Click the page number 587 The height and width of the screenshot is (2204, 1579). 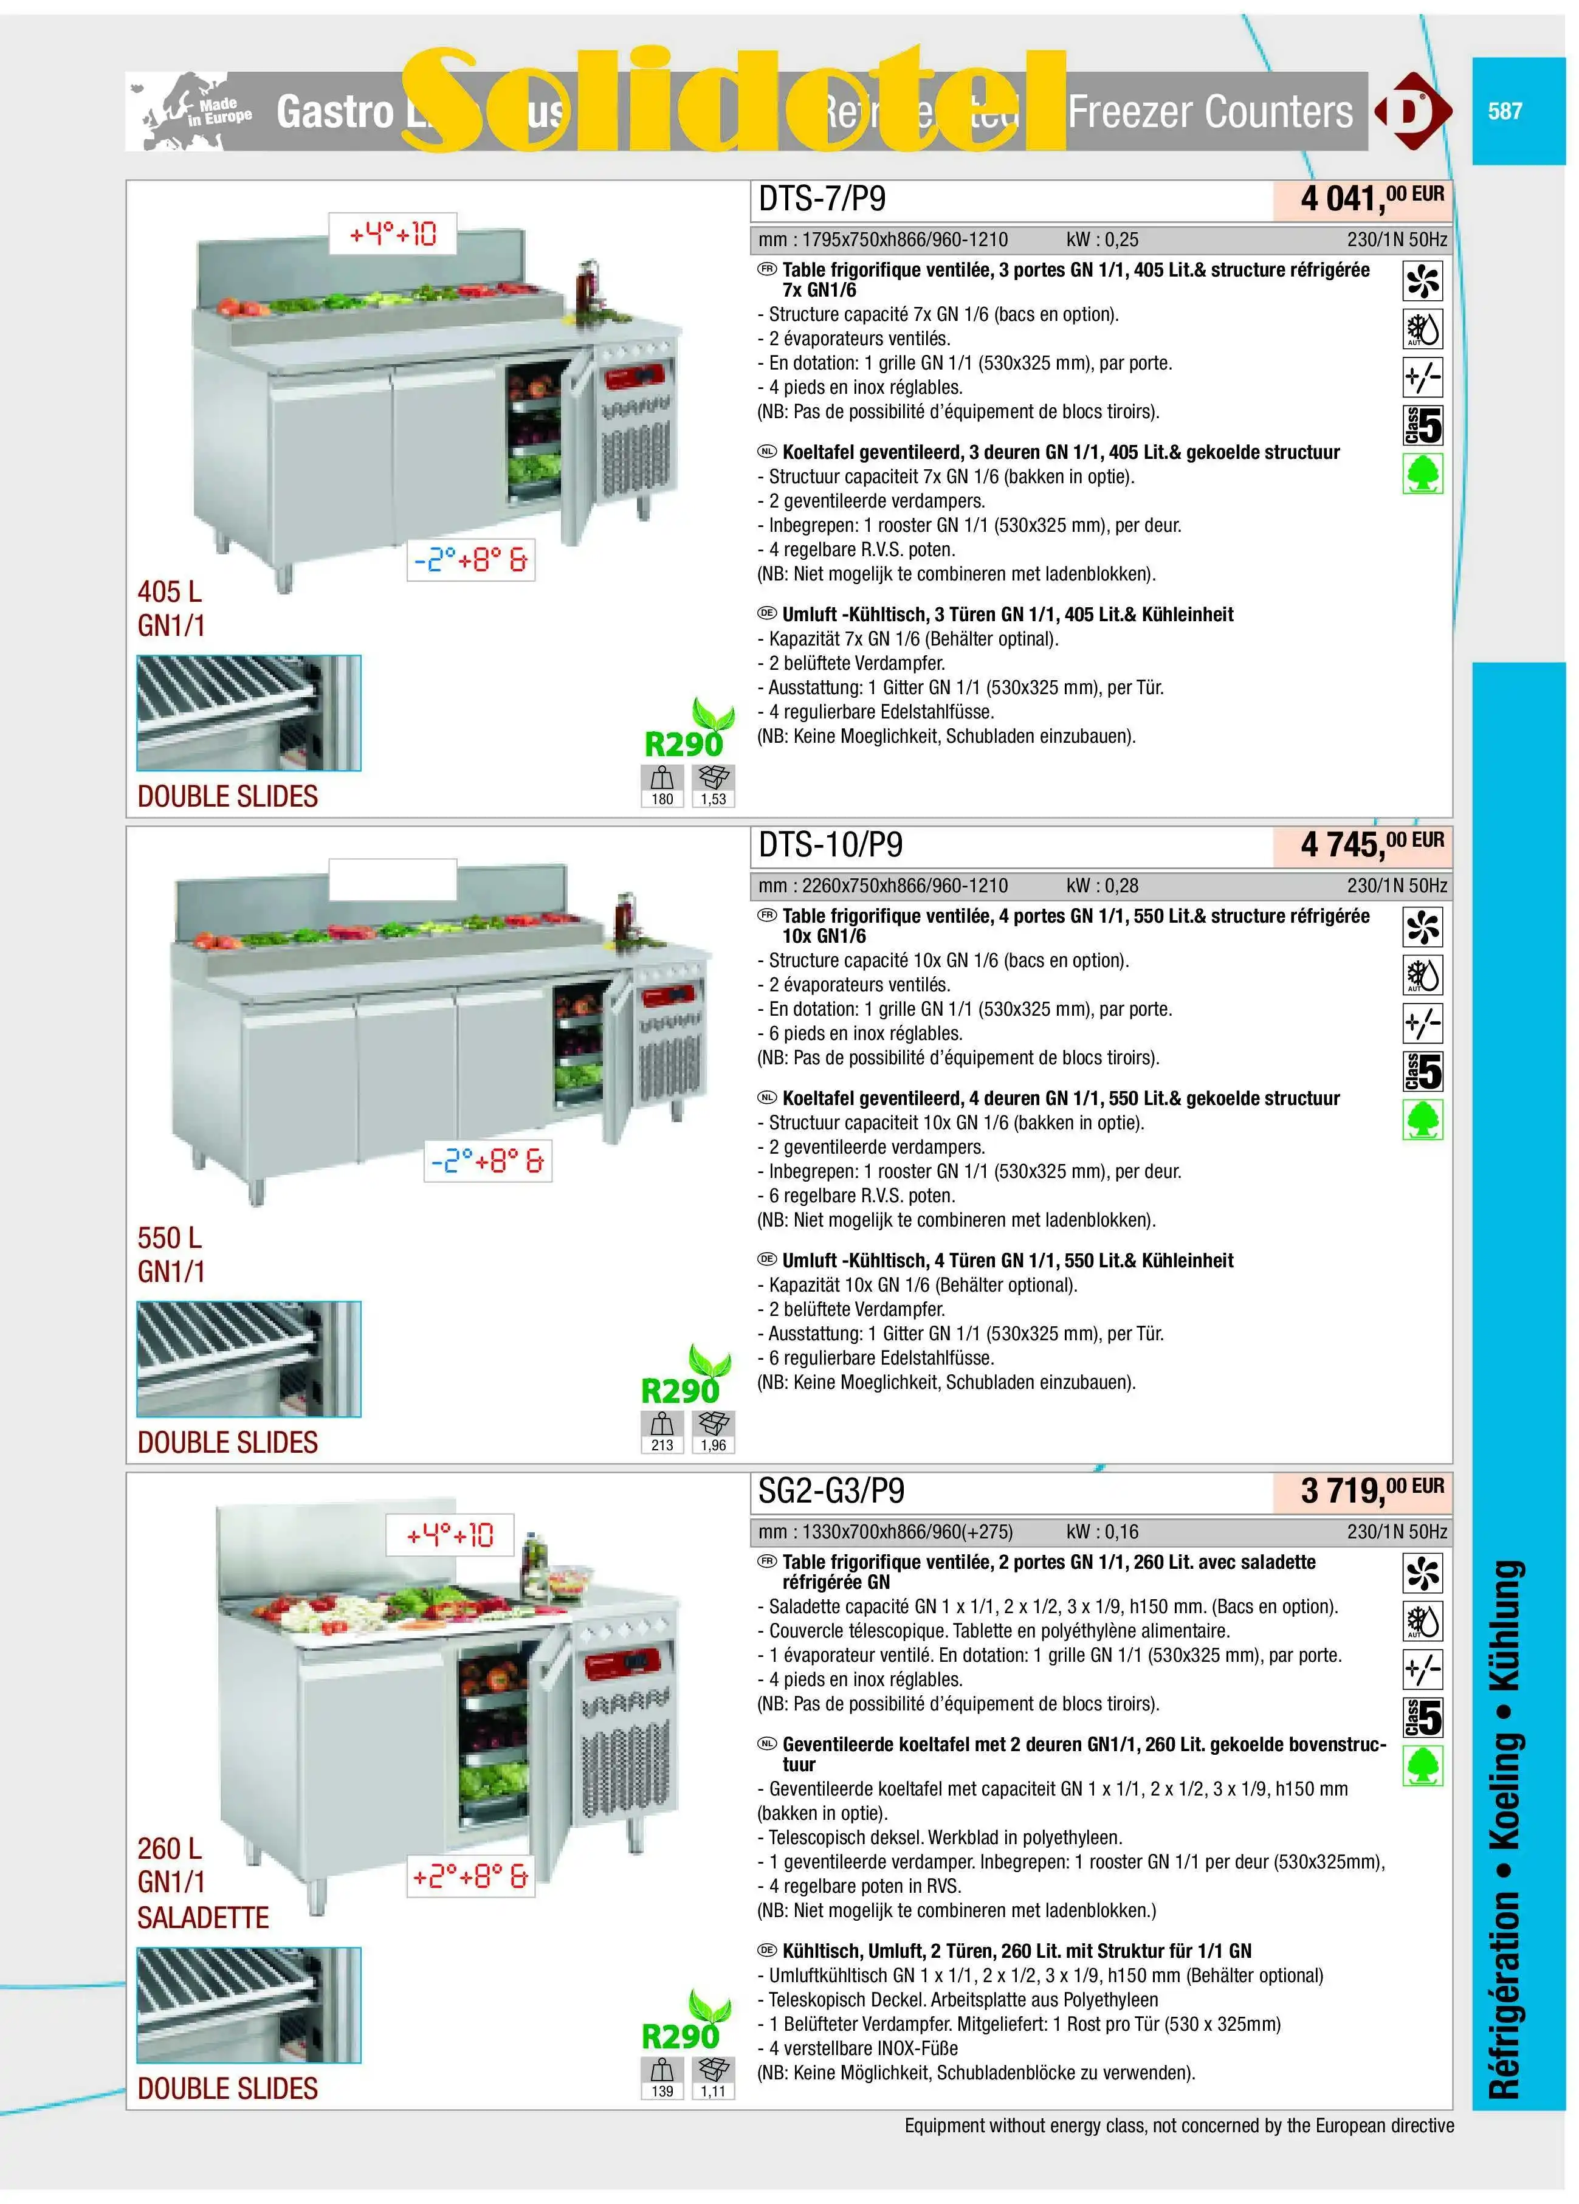coord(1504,111)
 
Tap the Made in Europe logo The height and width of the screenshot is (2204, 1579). coord(190,112)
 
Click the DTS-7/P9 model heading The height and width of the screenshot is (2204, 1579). coord(821,199)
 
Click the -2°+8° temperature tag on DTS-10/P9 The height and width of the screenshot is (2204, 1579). coord(487,1160)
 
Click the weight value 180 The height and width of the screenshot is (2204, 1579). coord(662,799)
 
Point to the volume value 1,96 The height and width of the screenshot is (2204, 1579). coord(713,1445)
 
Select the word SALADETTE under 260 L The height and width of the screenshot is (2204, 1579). coord(202,1917)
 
